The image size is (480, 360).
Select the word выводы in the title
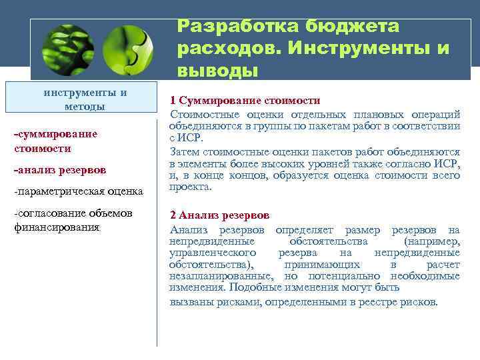217,70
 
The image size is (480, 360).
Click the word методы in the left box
85,107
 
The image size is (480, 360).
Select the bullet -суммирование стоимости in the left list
55,141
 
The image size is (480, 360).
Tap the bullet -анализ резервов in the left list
59,170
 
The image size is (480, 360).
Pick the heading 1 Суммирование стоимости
245,101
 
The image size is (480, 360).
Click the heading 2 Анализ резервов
220,215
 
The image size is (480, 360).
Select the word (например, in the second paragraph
431,241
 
